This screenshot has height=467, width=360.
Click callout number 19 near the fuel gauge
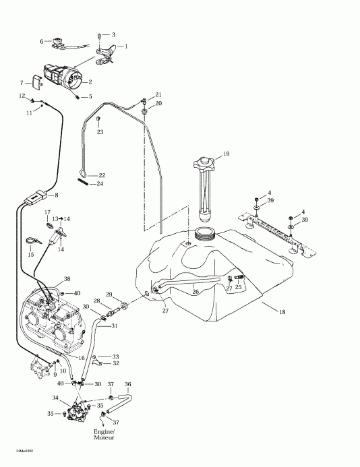(227, 154)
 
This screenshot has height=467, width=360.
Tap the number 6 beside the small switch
(42, 42)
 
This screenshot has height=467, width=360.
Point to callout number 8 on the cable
(56, 195)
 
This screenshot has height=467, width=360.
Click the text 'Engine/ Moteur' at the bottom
(104, 434)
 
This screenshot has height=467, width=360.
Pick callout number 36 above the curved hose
(128, 384)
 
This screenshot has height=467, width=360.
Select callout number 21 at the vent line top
(158, 94)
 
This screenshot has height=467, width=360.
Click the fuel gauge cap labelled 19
(204, 162)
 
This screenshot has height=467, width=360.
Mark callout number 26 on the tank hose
(196, 292)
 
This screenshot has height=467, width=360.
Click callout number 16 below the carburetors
(83, 358)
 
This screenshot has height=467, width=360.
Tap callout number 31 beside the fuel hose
(115, 326)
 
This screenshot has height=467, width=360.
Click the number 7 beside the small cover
(22, 82)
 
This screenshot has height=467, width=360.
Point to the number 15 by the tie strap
(30, 255)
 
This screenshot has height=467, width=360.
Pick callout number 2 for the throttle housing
(90, 82)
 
